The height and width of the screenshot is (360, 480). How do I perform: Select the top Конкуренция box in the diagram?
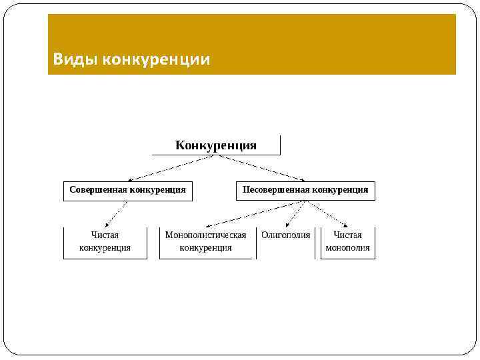216,145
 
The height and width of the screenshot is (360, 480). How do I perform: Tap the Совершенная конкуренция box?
128,190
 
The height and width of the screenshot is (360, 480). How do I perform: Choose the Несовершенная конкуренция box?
305,190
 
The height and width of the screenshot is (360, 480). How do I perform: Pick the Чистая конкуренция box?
105,241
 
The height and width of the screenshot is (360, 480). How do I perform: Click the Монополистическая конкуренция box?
206,241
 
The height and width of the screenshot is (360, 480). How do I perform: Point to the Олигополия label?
286,235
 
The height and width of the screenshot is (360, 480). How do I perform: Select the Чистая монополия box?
347,241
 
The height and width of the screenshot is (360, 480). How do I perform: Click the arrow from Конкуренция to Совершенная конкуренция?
173,167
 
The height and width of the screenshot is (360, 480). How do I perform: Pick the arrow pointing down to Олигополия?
295,213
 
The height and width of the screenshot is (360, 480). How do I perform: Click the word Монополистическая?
206,235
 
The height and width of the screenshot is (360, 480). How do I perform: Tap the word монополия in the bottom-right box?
347,247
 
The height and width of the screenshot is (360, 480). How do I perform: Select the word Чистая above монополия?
347,235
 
